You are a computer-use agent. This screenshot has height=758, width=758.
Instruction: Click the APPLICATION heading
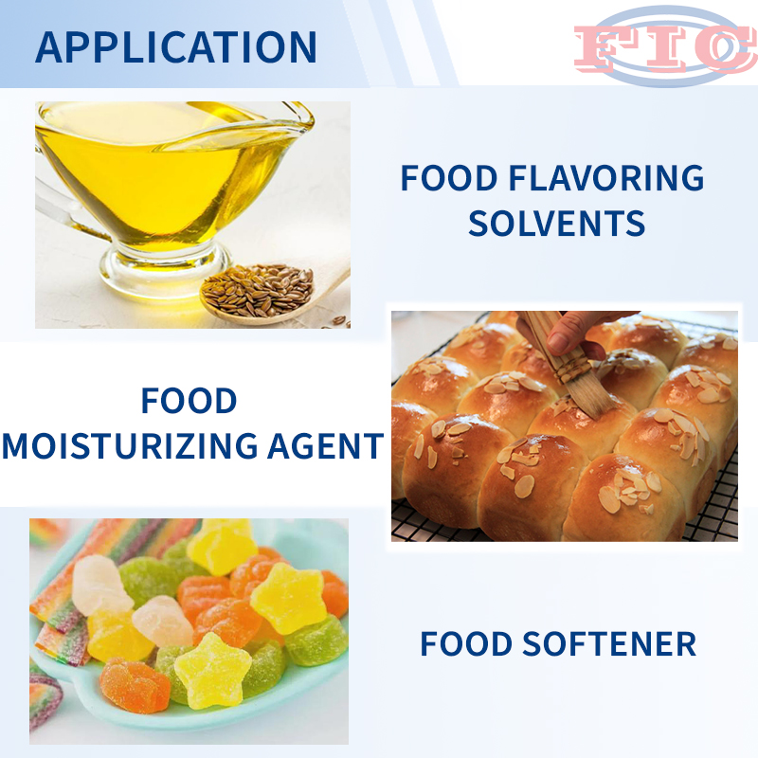(x=176, y=46)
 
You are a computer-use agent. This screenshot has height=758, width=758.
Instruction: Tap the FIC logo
(x=666, y=46)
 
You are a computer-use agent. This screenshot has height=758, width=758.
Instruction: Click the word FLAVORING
(x=606, y=178)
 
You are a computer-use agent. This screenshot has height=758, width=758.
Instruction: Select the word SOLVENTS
(x=556, y=224)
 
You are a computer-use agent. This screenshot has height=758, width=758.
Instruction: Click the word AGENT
(x=326, y=445)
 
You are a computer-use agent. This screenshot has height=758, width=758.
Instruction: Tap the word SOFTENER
(x=609, y=644)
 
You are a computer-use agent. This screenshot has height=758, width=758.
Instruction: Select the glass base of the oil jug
(x=164, y=268)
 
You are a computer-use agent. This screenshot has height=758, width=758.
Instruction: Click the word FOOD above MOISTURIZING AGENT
(x=189, y=401)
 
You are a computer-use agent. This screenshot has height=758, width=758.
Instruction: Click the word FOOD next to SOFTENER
(x=466, y=644)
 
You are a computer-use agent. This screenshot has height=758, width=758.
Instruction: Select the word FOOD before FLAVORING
(x=449, y=178)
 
